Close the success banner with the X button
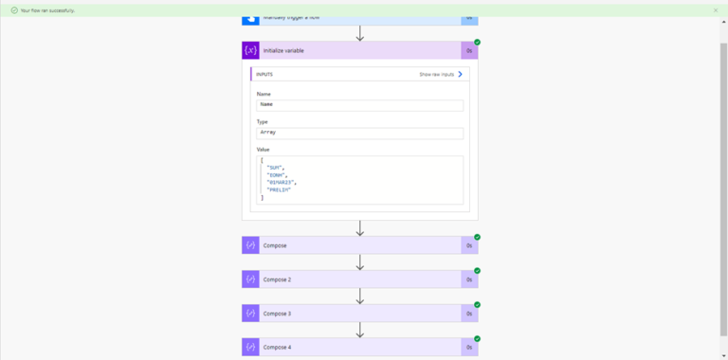(716, 9)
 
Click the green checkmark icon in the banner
(14, 9)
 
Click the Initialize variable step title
(284, 50)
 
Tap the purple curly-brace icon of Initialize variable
(250, 50)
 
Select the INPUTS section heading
(264, 74)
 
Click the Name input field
(359, 105)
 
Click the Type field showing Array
(359, 133)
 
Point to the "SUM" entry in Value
(276, 167)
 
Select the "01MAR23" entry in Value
(282, 182)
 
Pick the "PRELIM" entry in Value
(279, 189)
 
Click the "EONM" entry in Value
(277, 174)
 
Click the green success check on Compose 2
(477, 271)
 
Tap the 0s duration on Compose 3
(468, 314)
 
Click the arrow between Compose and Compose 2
(360, 262)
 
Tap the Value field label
(263, 150)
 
